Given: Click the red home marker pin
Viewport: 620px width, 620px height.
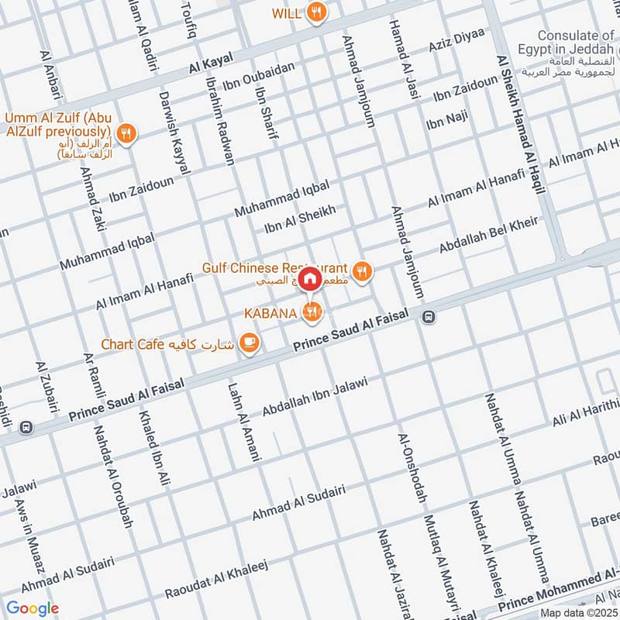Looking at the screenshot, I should coord(309,278).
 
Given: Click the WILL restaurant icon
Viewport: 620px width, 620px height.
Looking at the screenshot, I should coord(315,12).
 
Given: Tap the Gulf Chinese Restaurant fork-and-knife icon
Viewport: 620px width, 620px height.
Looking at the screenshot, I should coord(361,271).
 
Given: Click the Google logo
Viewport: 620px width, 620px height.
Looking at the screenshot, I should coord(32,608).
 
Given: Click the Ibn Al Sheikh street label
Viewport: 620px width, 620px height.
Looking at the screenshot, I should coord(300,219).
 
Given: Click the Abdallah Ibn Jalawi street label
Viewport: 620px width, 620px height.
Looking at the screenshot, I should coord(324,396).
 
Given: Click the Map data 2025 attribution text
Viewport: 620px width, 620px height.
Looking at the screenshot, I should coord(578,612).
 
